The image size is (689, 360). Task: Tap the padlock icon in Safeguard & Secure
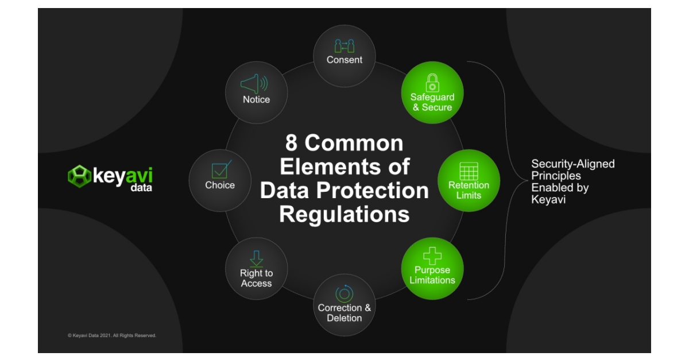432,82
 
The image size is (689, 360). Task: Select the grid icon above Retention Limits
469,171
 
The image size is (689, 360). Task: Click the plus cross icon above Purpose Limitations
432,256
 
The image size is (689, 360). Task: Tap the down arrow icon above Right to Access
256,258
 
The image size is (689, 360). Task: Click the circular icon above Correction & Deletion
344,293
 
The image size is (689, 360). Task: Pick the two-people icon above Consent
344,47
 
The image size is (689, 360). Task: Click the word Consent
344,60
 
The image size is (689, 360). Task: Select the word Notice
256,99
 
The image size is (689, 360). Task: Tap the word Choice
220,185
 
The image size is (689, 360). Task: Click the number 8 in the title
292,143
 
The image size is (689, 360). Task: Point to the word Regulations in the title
344,214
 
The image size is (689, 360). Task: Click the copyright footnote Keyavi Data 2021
111,335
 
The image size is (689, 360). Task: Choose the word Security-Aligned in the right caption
572,164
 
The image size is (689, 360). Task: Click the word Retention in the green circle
469,185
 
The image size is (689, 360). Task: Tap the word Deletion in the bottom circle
344,318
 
